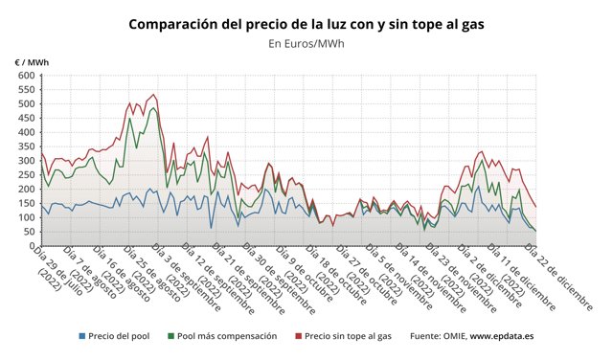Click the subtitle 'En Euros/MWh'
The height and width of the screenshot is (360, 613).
pos(306,43)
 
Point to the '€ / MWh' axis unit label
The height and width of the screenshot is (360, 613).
pos(32,62)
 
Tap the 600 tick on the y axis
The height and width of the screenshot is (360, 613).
pos(24,75)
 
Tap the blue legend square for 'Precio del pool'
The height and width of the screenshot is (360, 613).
pos(81,336)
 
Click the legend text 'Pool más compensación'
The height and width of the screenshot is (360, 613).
pos(228,336)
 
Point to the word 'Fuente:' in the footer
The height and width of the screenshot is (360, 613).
pos(428,336)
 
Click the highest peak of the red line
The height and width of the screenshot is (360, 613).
pos(153,95)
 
